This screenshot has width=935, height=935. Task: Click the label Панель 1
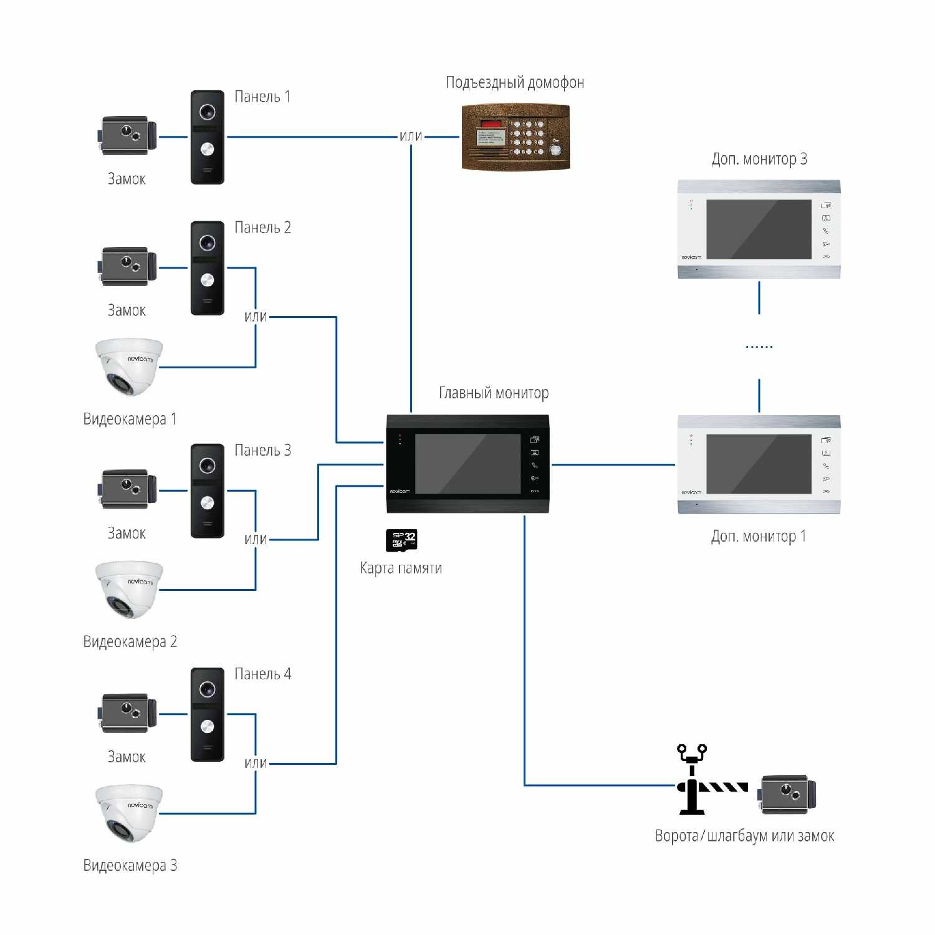(262, 97)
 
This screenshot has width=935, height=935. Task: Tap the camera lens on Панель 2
(208, 242)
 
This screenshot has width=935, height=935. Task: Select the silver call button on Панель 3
(208, 502)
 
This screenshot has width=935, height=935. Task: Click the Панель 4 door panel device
(208, 714)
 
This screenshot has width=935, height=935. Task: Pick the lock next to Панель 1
(128, 135)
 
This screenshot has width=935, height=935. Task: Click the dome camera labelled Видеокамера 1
(129, 366)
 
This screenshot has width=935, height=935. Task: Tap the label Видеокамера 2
(130, 641)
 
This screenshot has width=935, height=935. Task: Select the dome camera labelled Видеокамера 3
(129, 812)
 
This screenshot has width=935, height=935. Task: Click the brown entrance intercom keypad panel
(515, 137)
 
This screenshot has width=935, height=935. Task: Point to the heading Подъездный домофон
(515, 82)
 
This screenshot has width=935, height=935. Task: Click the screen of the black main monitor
(467, 464)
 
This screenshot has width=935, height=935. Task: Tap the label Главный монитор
(494, 393)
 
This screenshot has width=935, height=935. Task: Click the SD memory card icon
(401, 540)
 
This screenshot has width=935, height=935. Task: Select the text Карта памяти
(401, 568)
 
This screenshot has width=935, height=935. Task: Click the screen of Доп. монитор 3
(759, 229)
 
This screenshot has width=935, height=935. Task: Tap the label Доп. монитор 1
(759, 536)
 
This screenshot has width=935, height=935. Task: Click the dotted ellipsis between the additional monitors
(759, 347)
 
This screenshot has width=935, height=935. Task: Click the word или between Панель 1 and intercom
(411, 136)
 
